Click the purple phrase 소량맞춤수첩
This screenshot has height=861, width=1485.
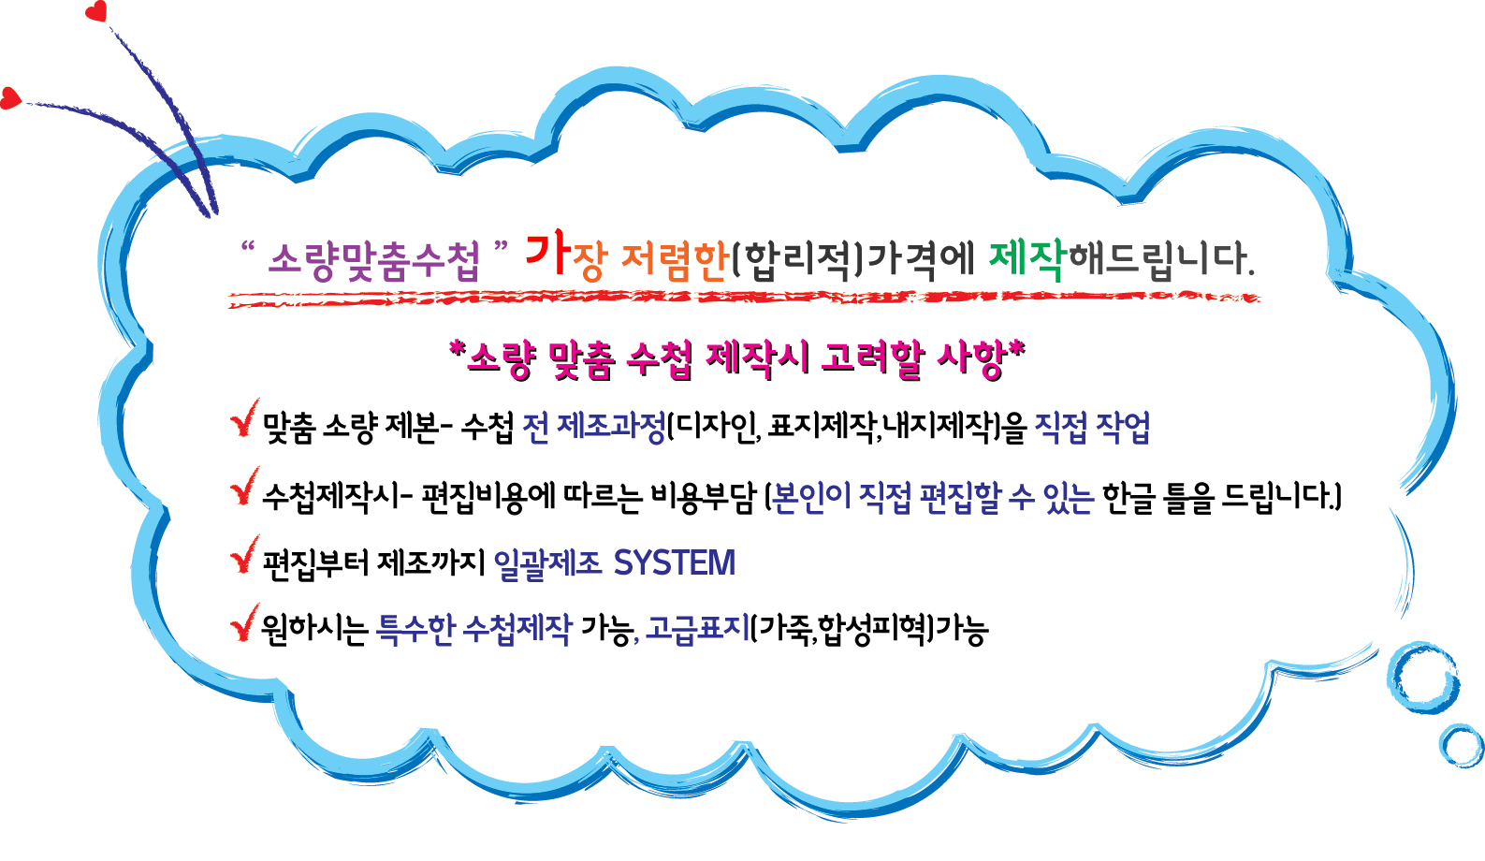click(374, 261)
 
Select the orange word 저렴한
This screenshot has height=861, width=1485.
click(675, 261)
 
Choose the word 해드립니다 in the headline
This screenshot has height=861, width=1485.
click(1161, 259)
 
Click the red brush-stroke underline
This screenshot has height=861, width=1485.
click(744, 299)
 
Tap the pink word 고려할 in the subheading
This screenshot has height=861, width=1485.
click(872, 360)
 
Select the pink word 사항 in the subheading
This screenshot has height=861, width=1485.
click(972, 360)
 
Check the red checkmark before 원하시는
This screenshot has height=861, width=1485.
click(244, 622)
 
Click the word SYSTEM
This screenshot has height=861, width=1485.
click(675, 562)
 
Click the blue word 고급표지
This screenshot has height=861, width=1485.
click(697, 628)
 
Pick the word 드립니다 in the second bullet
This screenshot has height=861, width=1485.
click(1279, 497)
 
